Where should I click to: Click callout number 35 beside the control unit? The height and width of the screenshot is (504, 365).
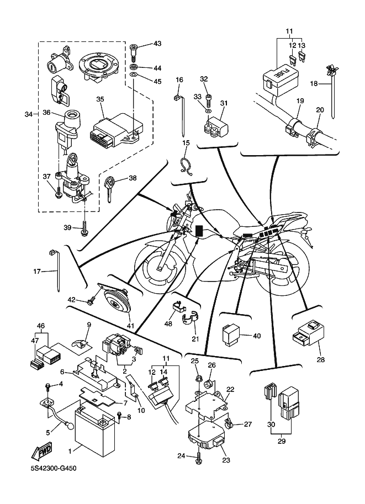coord(100,99)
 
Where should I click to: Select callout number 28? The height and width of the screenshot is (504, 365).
coord(320,359)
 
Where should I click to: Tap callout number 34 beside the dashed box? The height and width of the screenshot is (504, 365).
coord(29,114)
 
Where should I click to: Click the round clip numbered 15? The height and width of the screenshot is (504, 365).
coord(185,165)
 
